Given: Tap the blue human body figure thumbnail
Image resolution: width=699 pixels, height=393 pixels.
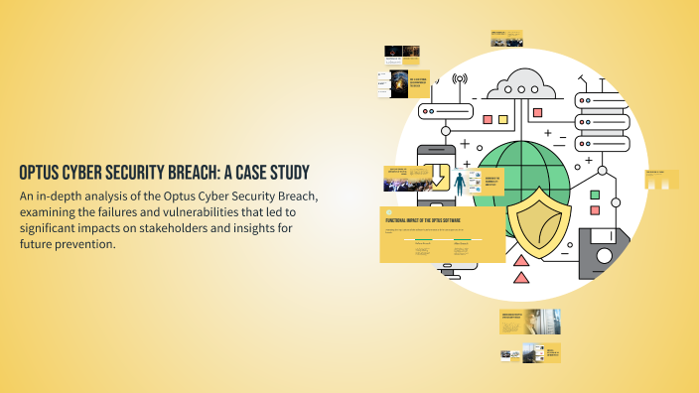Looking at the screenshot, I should (x=459, y=183).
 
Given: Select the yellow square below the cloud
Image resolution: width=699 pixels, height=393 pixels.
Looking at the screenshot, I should (x=504, y=119).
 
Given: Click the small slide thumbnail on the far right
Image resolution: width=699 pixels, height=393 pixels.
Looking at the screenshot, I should (x=661, y=179).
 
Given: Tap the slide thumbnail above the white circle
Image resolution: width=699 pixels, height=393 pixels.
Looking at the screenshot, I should (x=506, y=39).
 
